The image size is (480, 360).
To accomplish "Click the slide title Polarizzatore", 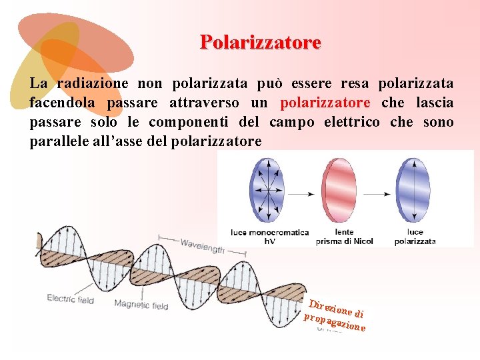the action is tap(261, 43).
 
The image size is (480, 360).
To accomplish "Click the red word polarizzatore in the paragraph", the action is tap(325, 103).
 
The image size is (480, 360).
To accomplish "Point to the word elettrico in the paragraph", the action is tap(352, 123).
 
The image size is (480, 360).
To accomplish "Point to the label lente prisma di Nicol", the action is tap(344, 237).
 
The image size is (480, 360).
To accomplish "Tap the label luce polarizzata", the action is tap(415, 237).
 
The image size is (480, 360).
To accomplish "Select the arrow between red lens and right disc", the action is tap(377, 194).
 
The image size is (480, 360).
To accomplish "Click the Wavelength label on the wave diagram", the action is tap(202, 246).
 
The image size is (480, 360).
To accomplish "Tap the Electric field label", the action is tap(70, 299).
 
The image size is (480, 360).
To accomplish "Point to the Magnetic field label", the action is tap(141, 305).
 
